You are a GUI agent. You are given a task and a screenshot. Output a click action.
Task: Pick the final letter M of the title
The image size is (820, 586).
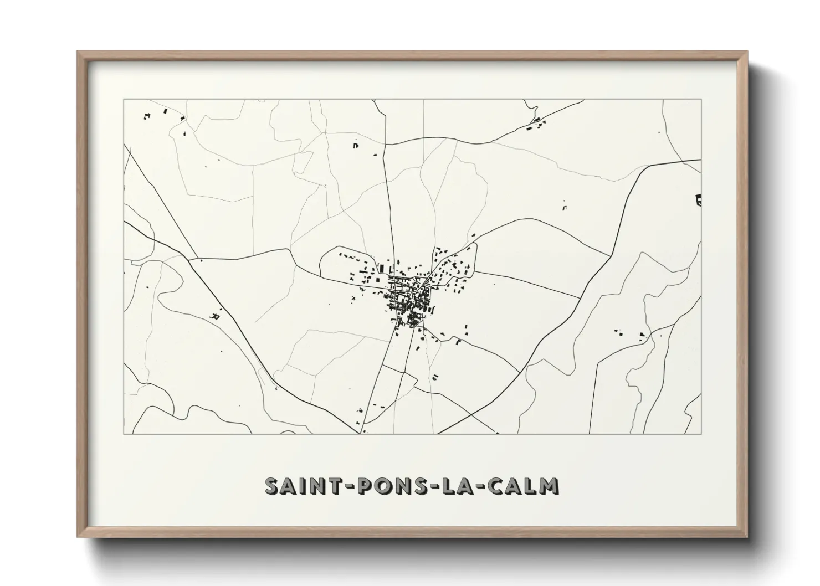(549, 486)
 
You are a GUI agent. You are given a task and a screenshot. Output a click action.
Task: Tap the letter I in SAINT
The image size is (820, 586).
(301, 486)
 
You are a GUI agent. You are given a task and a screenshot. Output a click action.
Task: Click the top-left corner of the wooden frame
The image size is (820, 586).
(78, 52)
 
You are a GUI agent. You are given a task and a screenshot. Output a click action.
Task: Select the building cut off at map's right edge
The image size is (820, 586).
(698, 199)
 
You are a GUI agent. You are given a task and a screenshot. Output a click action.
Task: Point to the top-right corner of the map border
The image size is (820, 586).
(701, 99)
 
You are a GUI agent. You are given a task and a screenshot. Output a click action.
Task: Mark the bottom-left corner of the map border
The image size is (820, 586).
(124, 434)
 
